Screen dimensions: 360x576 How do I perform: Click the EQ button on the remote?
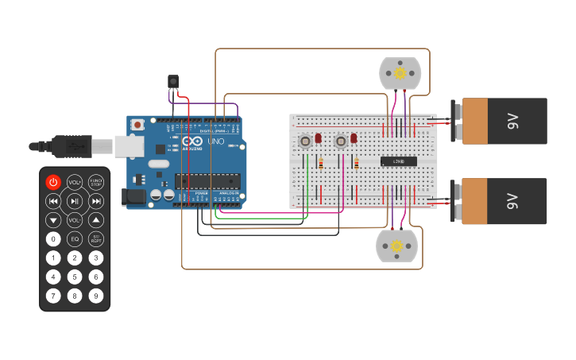pyautogui.click(x=75, y=238)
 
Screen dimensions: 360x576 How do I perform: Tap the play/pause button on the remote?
pyautogui.click(x=75, y=201)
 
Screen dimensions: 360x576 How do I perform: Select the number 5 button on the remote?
pyautogui.click(x=75, y=277)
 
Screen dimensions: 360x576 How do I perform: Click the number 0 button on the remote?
pyautogui.click(x=53, y=238)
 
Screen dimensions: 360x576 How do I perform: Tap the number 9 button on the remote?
pyautogui.click(x=96, y=296)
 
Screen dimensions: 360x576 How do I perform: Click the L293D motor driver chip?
pyautogui.click(x=399, y=161)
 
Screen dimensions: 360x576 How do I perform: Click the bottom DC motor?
pyautogui.click(x=396, y=246)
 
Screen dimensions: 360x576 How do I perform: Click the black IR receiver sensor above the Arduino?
pyautogui.click(x=172, y=81)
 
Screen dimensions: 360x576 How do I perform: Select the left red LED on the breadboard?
pyautogui.click(x=318, y=138)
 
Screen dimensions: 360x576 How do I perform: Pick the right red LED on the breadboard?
pyautogui.click(x=354, y=138)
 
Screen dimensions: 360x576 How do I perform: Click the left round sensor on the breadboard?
pyautogui.click(x=305, y=141)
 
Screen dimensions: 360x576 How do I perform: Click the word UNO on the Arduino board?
pyautogui.click(x=215, y=141)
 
